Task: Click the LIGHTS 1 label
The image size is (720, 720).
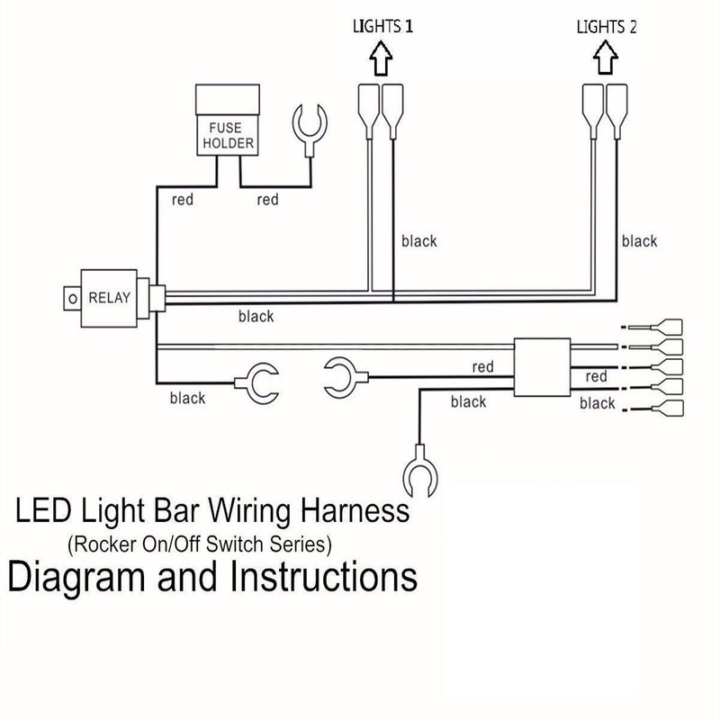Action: coord(383,26)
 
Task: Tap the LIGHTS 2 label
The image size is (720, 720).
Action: coord(607,27)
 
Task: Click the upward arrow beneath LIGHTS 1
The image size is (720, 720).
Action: coord(381,58)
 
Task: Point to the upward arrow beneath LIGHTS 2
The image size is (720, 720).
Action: coord(605,58)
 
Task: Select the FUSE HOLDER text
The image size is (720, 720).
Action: coord(228,136)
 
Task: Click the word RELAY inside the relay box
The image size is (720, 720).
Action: coord(109,298)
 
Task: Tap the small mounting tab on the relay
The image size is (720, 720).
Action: coord(72,299)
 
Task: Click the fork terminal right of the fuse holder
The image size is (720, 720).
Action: coord(310,130)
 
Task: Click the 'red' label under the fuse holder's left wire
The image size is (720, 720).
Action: coord(183,200)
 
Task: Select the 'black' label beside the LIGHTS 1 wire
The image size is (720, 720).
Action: coord(418,241)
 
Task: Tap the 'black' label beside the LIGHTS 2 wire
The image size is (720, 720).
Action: coord(639,241)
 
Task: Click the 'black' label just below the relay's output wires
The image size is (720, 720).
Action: coord(256,317)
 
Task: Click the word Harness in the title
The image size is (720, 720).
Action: coord(355,510)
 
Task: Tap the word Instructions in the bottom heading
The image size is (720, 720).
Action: coord(324,577)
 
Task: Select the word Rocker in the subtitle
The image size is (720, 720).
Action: coord(105,544)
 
